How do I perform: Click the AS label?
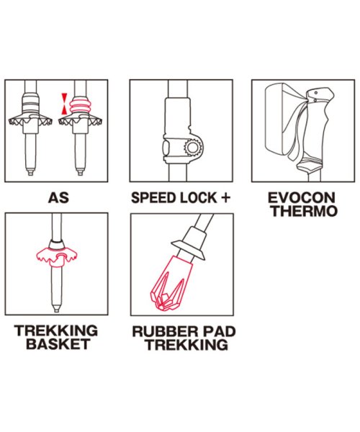(58, 198)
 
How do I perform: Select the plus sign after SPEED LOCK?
(225, 197)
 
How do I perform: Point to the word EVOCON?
(302, 198)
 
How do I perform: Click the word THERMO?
(304, 211)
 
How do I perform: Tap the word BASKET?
(58, 344)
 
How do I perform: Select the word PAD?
(216, 331)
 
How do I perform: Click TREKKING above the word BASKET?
(56, 330)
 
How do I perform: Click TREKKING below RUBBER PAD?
(187, 345)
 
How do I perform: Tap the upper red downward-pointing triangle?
(64, 97)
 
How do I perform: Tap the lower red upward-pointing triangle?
(64, 109)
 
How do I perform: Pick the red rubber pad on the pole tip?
(171, 283)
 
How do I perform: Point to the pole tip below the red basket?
(56, 308)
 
